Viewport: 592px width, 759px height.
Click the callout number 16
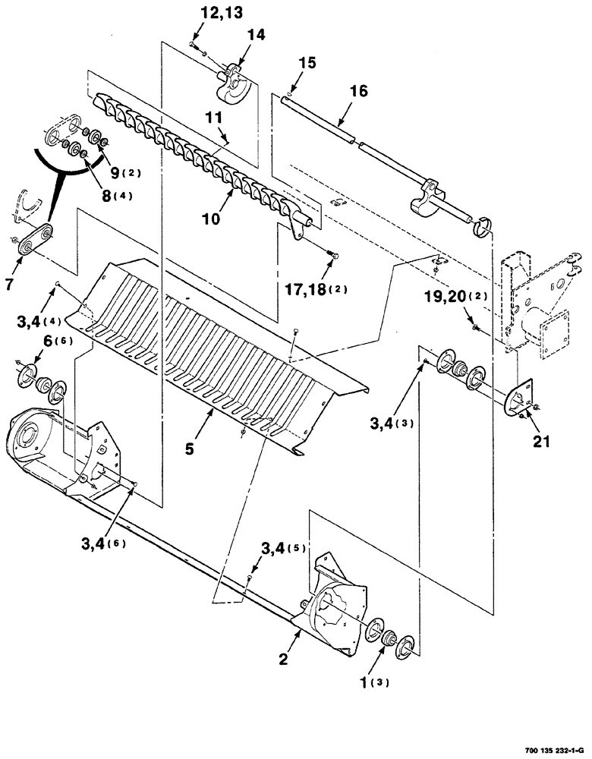click(358, 91)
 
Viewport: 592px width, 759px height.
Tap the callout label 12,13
click(200, 14)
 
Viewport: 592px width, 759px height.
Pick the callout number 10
click(210, 219)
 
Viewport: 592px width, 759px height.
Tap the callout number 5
click(189, 448)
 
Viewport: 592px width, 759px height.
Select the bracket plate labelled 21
click(521, 398)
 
